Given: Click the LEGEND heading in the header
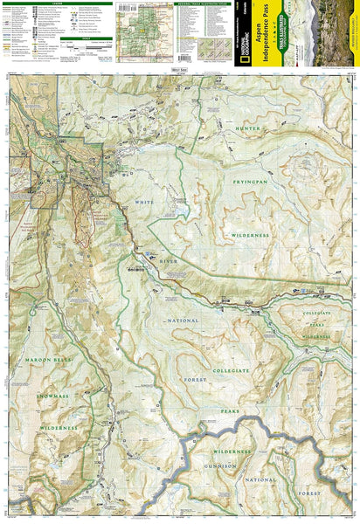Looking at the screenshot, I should (52, 3).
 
